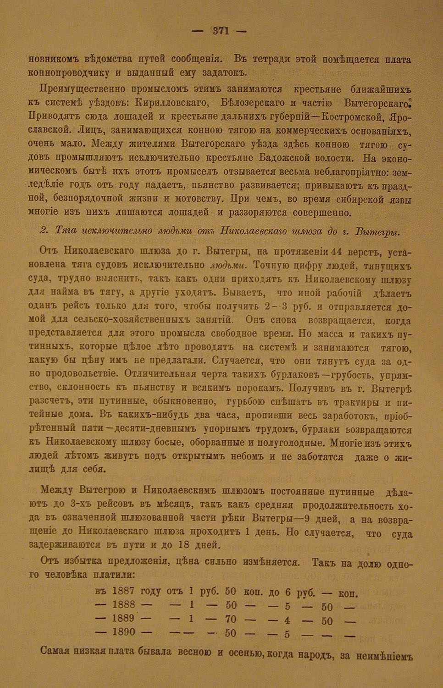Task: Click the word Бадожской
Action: tap(292, 158)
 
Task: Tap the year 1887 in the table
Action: tap(123, 592)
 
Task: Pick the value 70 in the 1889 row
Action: tap(231, 619)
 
